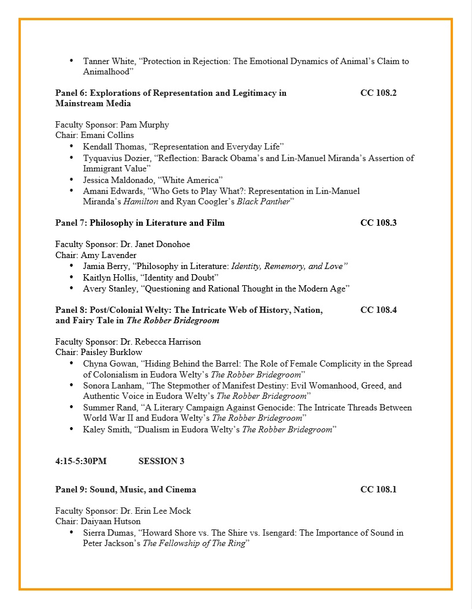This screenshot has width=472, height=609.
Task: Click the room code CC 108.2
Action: pyautogui.click(x=378, y=93)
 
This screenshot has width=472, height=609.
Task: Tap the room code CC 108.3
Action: pyautogui.click(x=378, y=223)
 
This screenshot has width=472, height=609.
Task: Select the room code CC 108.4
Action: pyautogui.click(x=378, y=310)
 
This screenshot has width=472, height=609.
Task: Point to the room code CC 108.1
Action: pyautogui.click(x=378, y=490)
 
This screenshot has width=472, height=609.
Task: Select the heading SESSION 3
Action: pyautogui.click(x=161, y=461)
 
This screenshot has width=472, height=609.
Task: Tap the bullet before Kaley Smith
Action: pyautogui.click(x=71, y=429)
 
